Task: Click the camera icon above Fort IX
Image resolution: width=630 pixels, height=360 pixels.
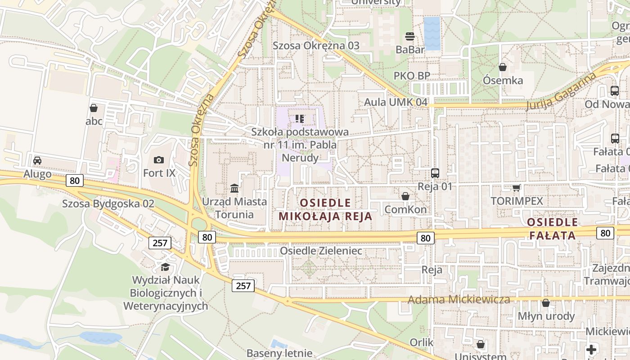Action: click(158, 160)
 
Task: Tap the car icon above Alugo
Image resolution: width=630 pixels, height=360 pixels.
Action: click(37, 161)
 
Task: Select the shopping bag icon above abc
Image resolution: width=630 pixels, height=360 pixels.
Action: click(94, 108)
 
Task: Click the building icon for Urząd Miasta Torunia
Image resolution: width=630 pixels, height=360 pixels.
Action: click(234, 188)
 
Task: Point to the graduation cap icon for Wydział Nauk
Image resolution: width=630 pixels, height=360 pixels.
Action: click(165, 267)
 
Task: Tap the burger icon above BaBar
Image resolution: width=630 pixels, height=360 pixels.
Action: click(409, 36)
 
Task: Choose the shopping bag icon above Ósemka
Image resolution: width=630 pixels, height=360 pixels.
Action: click(503, 67)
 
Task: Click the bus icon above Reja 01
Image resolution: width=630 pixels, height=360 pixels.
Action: click(435, 173)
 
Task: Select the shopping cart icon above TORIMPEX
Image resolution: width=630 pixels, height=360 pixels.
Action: click(516, 187)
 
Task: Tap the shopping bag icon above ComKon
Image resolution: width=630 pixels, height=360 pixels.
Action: click(405, 196)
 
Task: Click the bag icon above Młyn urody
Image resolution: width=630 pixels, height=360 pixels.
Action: click(546, 303)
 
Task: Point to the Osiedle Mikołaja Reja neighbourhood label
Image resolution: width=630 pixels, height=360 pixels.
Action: click(325, 210)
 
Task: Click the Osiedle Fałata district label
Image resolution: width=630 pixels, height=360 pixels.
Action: click(552, 229)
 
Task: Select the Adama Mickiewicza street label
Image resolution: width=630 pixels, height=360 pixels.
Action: click(459, 300)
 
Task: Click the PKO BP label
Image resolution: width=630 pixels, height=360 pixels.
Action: click(412, 76)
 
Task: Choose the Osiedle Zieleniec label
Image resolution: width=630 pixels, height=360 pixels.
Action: click(321, 251)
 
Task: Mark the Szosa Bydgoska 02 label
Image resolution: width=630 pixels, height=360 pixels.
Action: click(108, 204)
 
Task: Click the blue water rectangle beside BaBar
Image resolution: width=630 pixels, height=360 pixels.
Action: click(432, 34)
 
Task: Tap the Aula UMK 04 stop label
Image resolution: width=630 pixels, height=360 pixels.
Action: click(396, 102)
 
